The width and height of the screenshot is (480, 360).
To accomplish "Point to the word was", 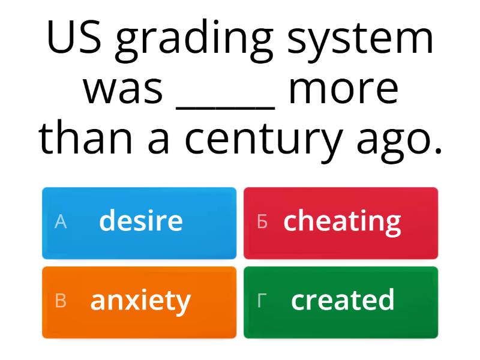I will pos(124,89).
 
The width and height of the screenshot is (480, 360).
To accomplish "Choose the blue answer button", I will pos(139,223).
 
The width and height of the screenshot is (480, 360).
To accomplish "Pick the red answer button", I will pos(341,223).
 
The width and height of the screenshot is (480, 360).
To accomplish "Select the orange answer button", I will pos(139,302).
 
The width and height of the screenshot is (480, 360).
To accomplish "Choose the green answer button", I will pos(341,302).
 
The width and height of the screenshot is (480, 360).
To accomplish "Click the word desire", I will pos(141,221).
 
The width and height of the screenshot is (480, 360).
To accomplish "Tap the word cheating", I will pos(342,222).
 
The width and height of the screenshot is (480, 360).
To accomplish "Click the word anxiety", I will pos(140,301).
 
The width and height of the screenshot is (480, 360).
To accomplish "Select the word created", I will pos(343,300).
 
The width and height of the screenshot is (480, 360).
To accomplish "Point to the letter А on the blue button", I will pos(60,223).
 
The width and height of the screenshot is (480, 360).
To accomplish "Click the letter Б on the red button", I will pos(262,223).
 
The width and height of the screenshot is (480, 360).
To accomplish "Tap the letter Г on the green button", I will pos(261,302).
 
